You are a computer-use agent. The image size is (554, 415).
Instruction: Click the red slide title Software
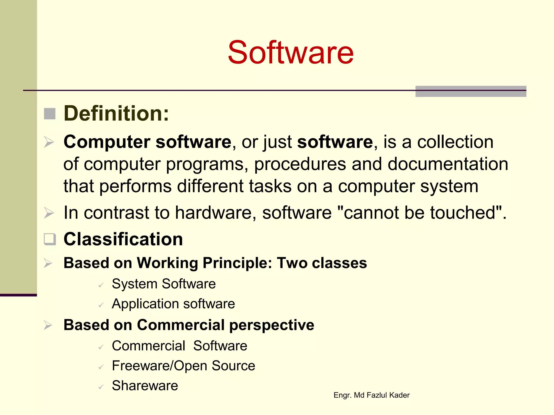click(291, 52)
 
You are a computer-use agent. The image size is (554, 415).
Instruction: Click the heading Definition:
click(116, 113)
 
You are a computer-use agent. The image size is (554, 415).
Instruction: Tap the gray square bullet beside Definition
click(50, 113)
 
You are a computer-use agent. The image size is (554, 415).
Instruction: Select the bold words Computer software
click(147, 142)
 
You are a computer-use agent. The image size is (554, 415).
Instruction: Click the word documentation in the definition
click(448, 164)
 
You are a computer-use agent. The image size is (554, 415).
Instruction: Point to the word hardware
click(213, 213)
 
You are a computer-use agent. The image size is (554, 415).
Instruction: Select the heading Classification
click(123, 239)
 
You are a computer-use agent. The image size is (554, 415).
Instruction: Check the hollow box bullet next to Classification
click(50, 239)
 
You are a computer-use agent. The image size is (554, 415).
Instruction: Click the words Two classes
click(322, 263)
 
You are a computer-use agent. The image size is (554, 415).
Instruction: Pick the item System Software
click(164, 284)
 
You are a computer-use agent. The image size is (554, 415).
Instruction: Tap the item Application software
click(173, 304)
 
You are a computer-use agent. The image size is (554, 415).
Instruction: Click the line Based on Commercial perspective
click(189, 325)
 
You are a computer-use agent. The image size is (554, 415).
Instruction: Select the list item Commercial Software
click(179, 346)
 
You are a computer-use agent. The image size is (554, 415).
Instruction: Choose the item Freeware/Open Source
click(183, 366)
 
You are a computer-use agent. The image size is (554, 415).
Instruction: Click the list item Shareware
click(145, 386)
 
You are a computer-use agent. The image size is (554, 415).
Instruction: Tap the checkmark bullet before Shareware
click(101, 387)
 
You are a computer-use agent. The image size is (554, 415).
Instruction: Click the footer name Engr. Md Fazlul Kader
click(371, 395)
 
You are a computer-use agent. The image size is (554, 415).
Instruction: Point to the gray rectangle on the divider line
click(471, 91)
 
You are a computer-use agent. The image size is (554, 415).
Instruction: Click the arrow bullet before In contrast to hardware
click(49, 213)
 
